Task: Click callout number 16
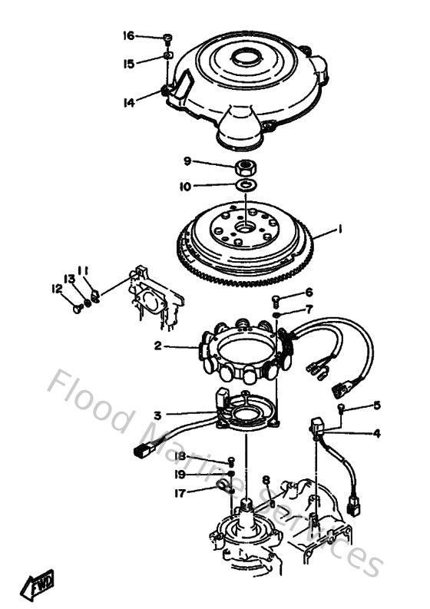click(128, 36)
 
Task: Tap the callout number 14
click(128, 101)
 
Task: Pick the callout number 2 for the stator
click(157, 346)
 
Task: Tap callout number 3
click(157, 415)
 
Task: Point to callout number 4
click(376, 433)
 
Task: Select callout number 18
click(180, 456)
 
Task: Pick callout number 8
click(266, 480)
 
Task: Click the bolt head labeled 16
click(167, 37)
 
